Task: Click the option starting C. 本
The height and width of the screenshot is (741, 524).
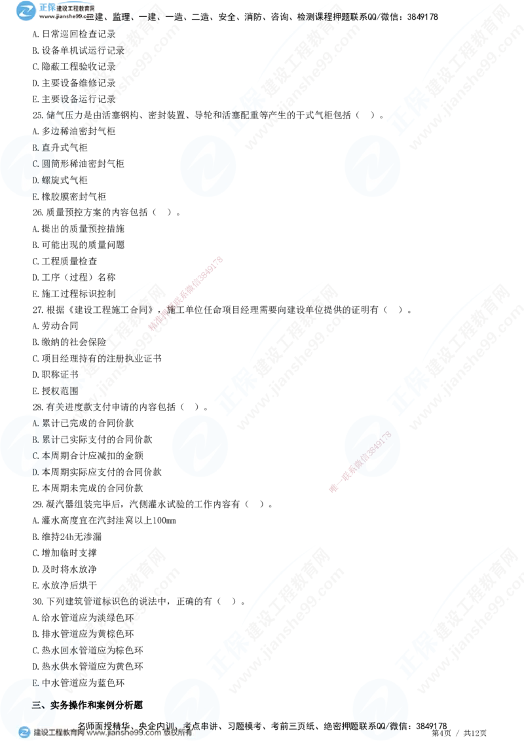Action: point(41,456)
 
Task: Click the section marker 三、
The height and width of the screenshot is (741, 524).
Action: point(39,704)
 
